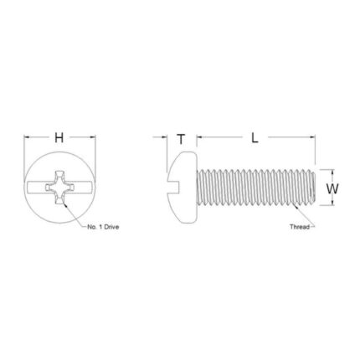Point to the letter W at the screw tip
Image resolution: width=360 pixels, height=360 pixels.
pyautogui.click(x=332, y=189)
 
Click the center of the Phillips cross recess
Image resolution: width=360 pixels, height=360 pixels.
pyautogui.click(x=60, y=188)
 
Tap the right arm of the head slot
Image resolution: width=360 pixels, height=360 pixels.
pyautogui.click(x=84, y=188)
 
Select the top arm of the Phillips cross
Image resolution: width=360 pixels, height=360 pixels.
pyautogui.click(x=60, y=175)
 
